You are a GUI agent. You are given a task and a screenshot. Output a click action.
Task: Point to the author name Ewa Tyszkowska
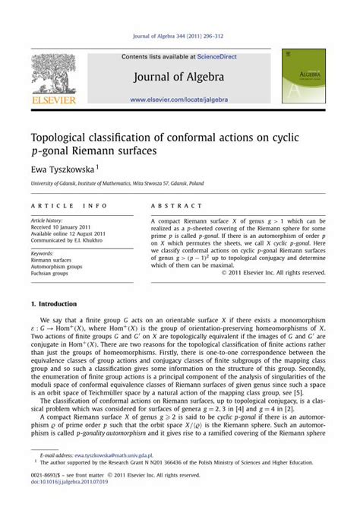(62, 170)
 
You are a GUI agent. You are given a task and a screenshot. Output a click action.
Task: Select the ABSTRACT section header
(177, 206)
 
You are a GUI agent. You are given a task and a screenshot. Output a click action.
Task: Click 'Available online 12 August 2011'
(69, 233)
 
